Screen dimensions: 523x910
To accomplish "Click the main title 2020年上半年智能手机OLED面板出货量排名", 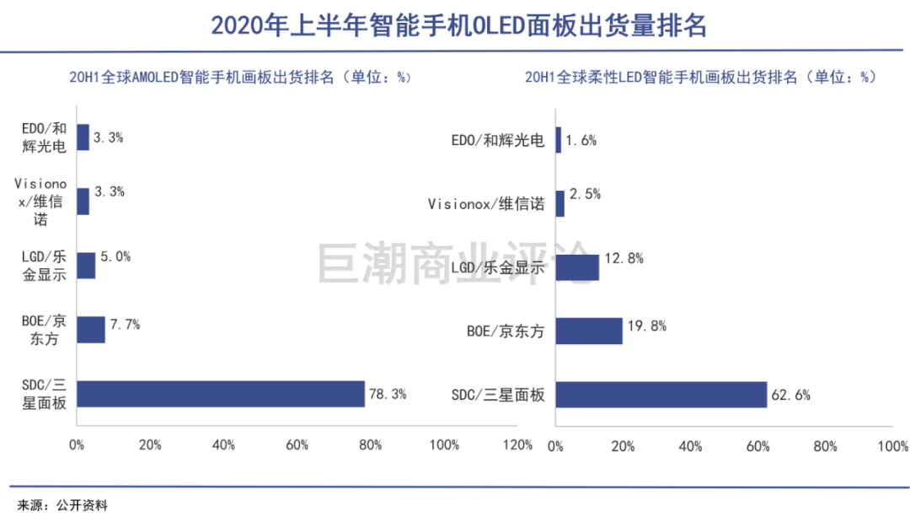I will (458, 25).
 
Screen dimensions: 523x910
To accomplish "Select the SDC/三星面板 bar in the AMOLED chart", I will (221, 394).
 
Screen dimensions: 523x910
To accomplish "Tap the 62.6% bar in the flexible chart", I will (661, 395).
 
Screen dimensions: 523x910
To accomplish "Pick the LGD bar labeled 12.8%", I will (577, 267).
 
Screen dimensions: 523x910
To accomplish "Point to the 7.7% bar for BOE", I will (91, 330).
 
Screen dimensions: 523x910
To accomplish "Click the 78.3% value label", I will (388, 393).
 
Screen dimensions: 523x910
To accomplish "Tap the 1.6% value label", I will (581, 141).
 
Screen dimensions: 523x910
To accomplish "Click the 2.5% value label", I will (584, 195).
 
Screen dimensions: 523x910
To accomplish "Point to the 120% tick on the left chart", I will (517, 445).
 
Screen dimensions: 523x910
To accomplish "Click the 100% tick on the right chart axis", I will (892, 446).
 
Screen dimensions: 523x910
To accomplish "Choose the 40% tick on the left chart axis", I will (224, 445).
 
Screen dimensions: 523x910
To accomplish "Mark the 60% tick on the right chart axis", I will (757, 446).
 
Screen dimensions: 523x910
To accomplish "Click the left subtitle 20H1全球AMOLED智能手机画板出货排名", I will (240, 78).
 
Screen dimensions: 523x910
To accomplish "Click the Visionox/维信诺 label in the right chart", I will (486, 204).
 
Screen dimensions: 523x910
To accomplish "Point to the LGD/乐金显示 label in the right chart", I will (498, 267).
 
